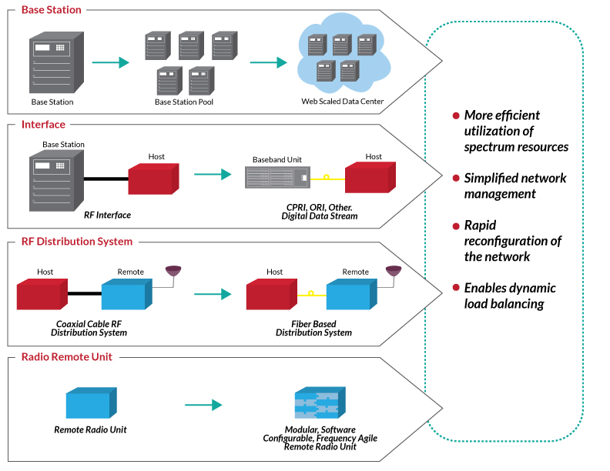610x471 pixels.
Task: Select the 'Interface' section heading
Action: (x=43, y=124)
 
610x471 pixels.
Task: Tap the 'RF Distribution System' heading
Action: (x=76, y=241)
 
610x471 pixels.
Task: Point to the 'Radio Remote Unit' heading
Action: (x=66, y=357)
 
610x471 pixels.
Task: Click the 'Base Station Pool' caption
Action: (x=184, y=102)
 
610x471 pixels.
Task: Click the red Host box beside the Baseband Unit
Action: (x=373, y=179)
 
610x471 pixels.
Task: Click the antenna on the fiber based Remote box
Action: (x=393, y=271)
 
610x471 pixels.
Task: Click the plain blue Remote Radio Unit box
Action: (x=90, y=403)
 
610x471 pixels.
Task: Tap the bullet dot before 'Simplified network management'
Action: (x=456, y=179)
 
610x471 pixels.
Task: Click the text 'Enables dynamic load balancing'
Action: (x=509, y=296)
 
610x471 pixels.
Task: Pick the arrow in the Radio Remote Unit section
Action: (x=203, y=405)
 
